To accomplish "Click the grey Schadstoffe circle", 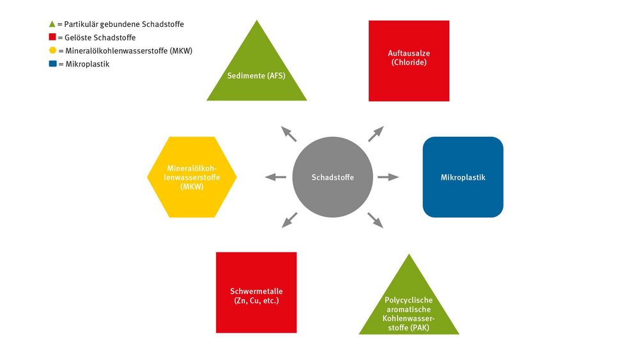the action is click(332, 177).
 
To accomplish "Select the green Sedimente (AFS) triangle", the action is click(257, 69).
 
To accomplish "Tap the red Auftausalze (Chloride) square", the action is click(409, 61).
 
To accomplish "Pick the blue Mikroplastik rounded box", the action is click(463, 177).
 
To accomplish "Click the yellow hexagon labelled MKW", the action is click(192, 177).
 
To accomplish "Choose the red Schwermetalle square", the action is click(256, 292).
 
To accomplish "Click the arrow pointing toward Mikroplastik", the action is click(388, 177).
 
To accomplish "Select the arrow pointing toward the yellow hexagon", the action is click(276, 177).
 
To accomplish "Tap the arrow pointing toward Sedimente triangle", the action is click(289, 134).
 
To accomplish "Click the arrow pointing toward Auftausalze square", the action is click(376, 134).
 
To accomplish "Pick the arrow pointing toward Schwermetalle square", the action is click(289, 220).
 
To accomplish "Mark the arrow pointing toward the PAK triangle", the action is click(375, 220).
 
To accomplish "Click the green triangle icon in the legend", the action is click(52, 24).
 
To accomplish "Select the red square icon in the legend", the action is click(52, 37).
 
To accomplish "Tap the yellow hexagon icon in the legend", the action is click(52, 50).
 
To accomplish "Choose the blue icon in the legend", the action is click(52, 63).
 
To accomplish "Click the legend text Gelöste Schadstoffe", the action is click(100, 38).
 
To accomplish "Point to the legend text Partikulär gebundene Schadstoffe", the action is click(124, 24).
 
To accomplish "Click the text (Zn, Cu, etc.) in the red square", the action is click(256, 301).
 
